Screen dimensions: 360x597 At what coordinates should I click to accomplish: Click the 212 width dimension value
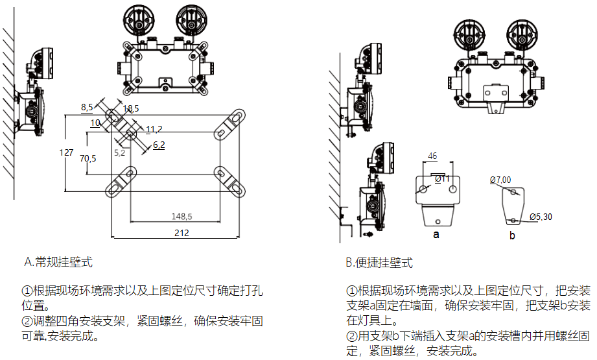pyautogui.click(x=183, y=233)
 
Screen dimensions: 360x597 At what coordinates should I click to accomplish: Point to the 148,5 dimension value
pyautogui.click(x=182, y=216)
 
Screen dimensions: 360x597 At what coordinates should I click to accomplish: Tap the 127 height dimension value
pyautogui.click(x=66, y=152)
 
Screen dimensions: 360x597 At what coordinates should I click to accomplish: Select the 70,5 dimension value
pyautogui.click(x=88, y=158)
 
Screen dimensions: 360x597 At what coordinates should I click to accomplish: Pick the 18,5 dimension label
pyautogui.click(x=130, y=108)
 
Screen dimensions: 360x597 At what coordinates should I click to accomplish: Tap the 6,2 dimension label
pyautogui.click(x=159, y=145)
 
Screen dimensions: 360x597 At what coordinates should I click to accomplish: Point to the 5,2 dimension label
pyautogui.click(x=120, y=153)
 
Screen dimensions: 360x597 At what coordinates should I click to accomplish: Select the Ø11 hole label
pyautogui.click(x=443, y=178)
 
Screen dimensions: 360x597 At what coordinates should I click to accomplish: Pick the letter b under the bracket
pyautogui.click(x=512, y=235)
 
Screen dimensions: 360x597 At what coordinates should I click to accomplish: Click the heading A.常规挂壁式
pyautogui.click(x=59, y=262)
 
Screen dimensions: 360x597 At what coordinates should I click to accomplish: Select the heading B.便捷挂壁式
pyautogui.click(x=379, y=263)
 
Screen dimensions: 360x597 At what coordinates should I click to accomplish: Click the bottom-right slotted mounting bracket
pyautogui.click(x=230, y=182)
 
